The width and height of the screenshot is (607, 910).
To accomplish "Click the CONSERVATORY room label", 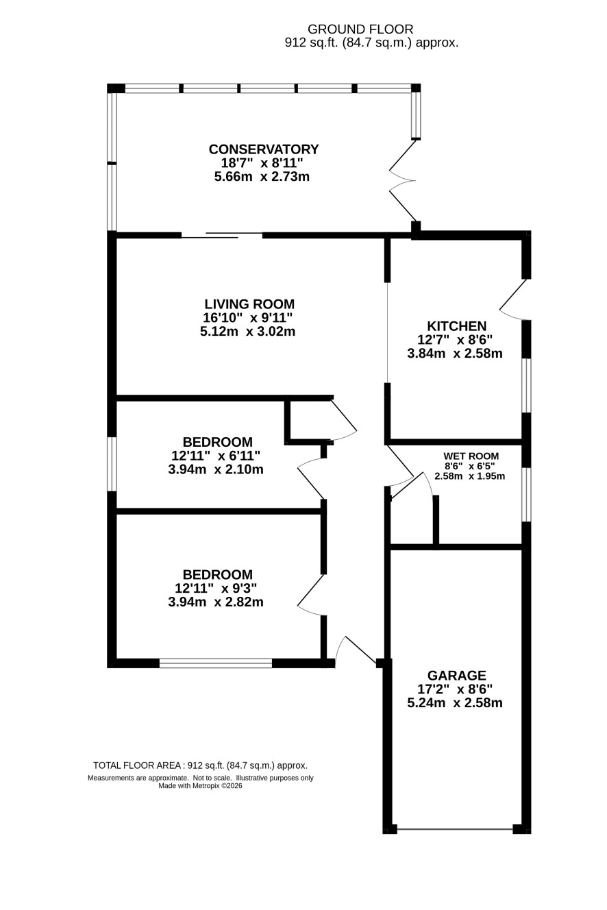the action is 264,149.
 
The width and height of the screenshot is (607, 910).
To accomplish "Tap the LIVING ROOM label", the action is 249,304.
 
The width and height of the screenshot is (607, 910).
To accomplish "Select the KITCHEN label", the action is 457,325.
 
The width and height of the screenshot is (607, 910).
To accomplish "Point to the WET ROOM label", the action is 471,456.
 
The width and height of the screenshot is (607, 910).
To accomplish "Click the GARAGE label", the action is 457,675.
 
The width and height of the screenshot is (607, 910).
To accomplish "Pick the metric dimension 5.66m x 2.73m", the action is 262,177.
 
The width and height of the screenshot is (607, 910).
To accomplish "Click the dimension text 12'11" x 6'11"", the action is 216,456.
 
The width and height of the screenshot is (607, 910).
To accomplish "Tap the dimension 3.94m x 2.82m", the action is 216,602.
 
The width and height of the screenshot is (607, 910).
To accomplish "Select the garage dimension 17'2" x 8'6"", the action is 455,689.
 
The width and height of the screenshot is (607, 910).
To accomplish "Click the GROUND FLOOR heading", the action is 360,29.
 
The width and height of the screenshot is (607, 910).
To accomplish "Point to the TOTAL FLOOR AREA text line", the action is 200,765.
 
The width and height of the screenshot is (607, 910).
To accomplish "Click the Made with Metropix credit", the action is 200,786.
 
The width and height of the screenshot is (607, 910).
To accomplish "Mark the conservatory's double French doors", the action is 403,180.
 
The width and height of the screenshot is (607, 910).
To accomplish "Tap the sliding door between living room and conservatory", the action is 222,235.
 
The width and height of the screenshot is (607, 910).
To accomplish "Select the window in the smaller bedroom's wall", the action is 112,464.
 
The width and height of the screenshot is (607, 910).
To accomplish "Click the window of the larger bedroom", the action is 216,663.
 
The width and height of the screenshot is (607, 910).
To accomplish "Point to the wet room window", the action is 526,495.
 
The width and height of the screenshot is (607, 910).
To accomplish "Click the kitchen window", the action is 526,385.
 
